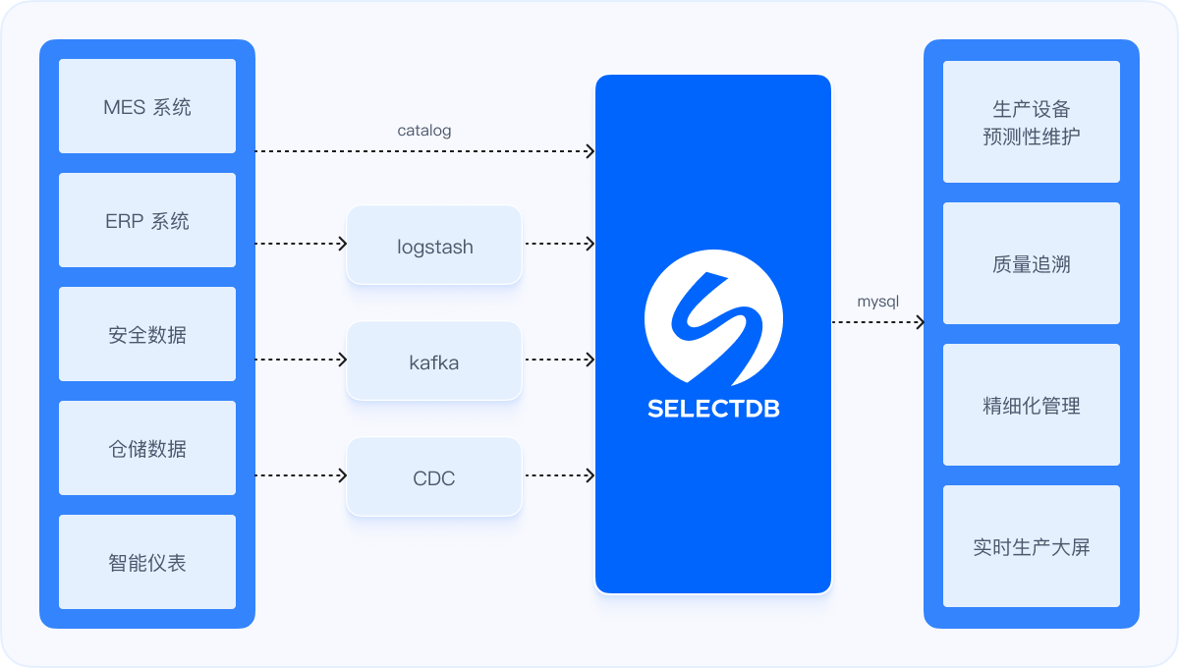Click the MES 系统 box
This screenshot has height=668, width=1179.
click(147, 106)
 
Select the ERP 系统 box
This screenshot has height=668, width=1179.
click(147, 220)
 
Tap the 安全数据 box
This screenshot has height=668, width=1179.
click(147, 334)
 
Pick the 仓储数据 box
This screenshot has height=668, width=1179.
click(147, 448)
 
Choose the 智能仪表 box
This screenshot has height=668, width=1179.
click(147, 562)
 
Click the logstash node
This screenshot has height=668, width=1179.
click(434, 246)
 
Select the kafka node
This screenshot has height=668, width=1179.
click(434, 362)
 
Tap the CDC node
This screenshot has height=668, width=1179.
click(434, 476)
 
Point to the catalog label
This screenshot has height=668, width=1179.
click(424, 131)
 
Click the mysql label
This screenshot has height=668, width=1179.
click(878, 302)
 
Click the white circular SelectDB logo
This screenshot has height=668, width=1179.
click(713, 317)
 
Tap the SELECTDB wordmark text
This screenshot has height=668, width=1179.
click(713, 409)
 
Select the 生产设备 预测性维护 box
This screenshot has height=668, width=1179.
click(1032, 122)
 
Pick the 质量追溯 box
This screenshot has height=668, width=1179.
click(1032, 263)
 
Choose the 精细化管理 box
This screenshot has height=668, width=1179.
click(1032, 405)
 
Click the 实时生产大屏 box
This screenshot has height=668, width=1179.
click(1032, 546)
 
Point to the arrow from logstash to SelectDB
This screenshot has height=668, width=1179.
click(560, 244)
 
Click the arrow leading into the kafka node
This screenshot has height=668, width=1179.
click(301, 360)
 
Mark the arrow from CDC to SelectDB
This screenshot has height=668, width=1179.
click(560, 475)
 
